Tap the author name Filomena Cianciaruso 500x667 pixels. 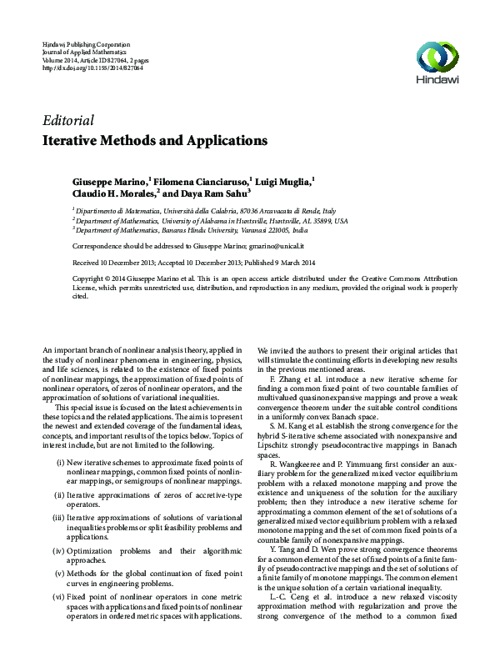pos(198,182)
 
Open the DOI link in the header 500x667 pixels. pos(92,68)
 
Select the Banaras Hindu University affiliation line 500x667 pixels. pos(191,228)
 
